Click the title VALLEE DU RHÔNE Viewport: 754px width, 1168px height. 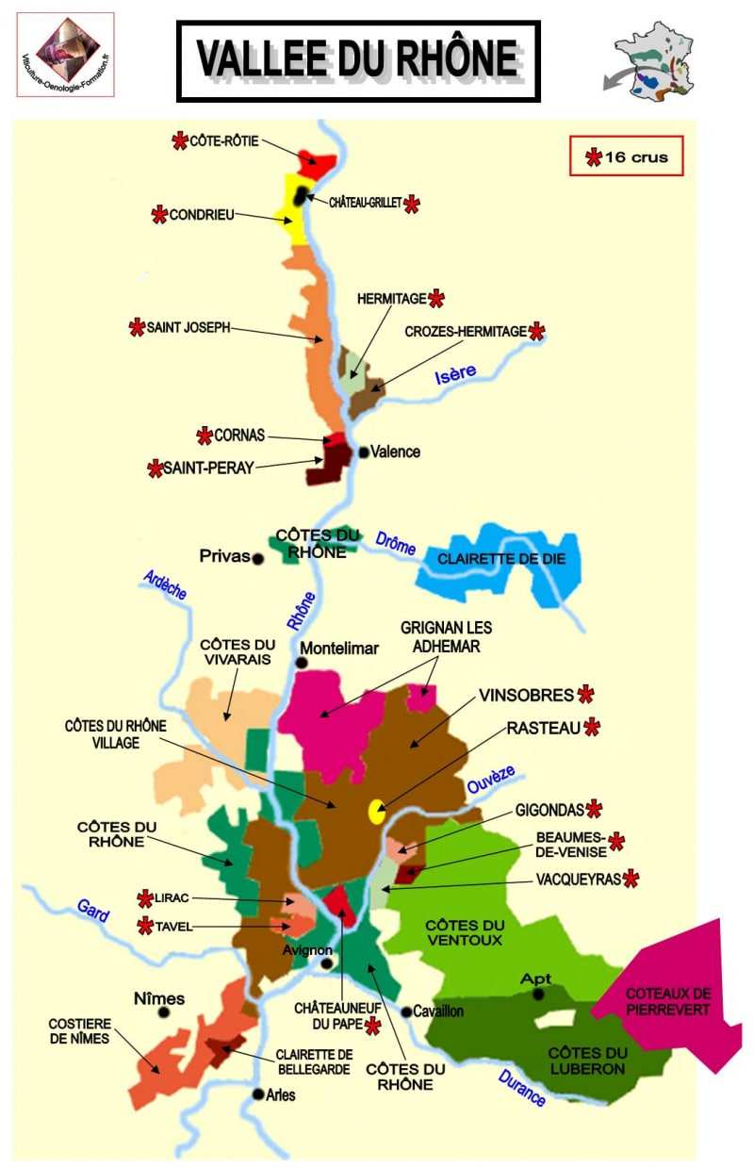(358, 59)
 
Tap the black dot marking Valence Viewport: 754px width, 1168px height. (363, 452)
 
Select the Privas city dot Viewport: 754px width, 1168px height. (257, 558)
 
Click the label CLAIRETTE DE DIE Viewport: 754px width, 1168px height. (501, 558)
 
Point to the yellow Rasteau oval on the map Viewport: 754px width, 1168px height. (376, 812)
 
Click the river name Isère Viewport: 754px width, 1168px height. (455, 374)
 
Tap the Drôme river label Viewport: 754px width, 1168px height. (396, 544)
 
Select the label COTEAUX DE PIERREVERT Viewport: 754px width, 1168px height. (668, 1001)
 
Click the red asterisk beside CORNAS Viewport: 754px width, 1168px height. (205, 436)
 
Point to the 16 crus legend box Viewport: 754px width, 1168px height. (626, 156)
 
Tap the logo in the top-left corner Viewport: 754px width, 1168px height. (65, 55)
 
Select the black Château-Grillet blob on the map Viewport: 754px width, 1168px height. (301, 195)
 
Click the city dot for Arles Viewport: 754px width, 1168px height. (257, 1094)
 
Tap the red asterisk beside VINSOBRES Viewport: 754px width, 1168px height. (585, 695)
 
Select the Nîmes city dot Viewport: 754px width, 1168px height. (164, 1012)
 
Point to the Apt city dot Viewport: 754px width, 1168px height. (538, 994)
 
